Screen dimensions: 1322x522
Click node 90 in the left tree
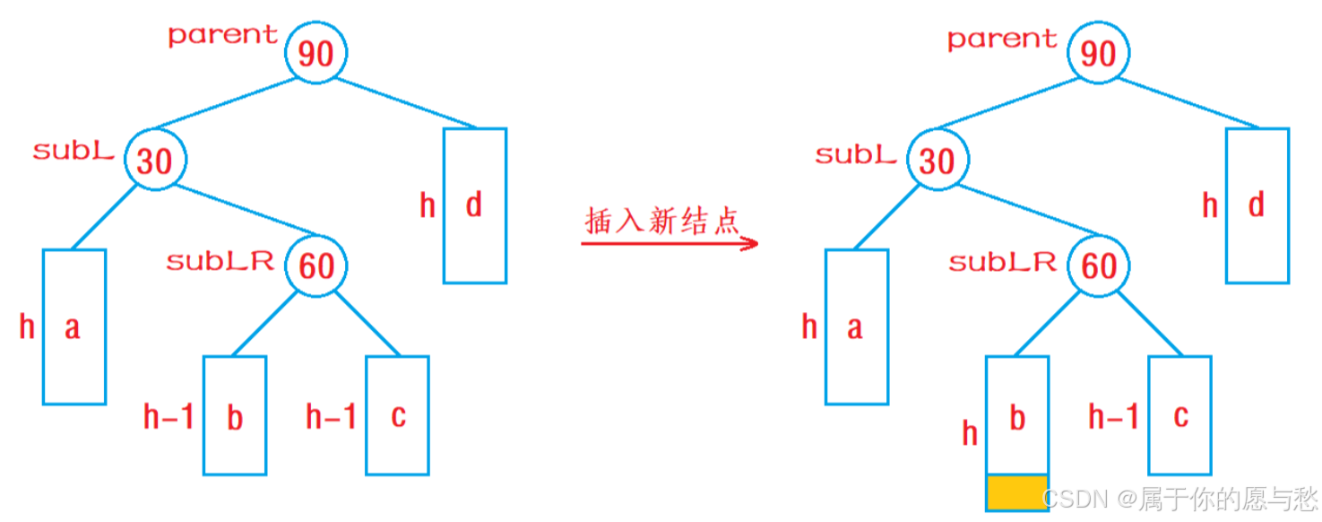click(316, 53)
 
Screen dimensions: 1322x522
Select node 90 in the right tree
click(1099, 53)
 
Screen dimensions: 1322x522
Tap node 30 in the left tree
click(155, 161)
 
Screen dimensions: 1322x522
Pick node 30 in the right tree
click(937, 161)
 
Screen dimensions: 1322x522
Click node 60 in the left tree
click(316, 265)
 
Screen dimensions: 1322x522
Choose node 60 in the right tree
click(1099, 265)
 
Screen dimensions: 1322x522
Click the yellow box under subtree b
click(1016, 492)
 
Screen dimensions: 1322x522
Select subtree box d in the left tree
click(475, 205)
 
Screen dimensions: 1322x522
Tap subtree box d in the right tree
click(1257, 205)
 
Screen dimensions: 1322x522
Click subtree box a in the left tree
click(74, 326)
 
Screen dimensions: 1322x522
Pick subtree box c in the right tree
click(1180, 415)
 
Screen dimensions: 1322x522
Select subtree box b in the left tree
click(235, 415)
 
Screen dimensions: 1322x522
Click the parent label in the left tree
click(223, 35)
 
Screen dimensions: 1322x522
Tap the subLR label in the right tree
click(1002, 262)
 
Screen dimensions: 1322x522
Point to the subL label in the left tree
click(73, 151)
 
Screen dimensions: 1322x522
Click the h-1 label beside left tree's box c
click(331, 416)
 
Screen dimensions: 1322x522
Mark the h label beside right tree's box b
click(970, 434)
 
